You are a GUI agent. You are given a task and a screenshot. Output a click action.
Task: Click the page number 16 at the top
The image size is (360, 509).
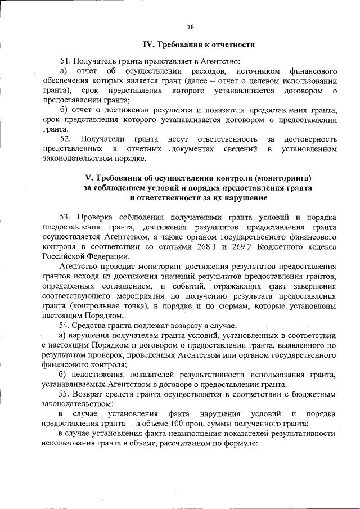[x=190, y=26]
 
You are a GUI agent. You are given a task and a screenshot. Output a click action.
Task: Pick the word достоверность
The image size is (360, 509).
[x=311, y=138]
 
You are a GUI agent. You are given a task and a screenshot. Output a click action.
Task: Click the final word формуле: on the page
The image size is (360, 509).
[x=238, y=443]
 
